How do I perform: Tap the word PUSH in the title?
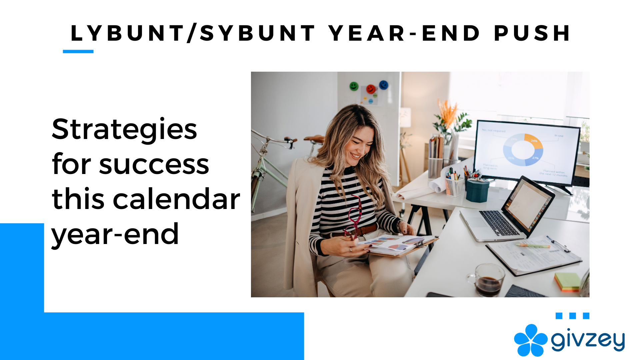click(x=532, y=33)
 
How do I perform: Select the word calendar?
click(x=176, y=199)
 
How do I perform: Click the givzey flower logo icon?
click(x=530, y=340)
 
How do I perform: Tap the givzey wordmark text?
click(x=588, y=340)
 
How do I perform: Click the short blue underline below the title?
click(x=78, y=51)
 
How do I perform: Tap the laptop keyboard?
click(x=499, y=223)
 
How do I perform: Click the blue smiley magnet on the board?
click(x=384, y=85)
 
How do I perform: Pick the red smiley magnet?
click(x=370, y=89)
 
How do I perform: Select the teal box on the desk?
click(x=477, y=191)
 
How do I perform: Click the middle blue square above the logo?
click(x=573, y=316)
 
